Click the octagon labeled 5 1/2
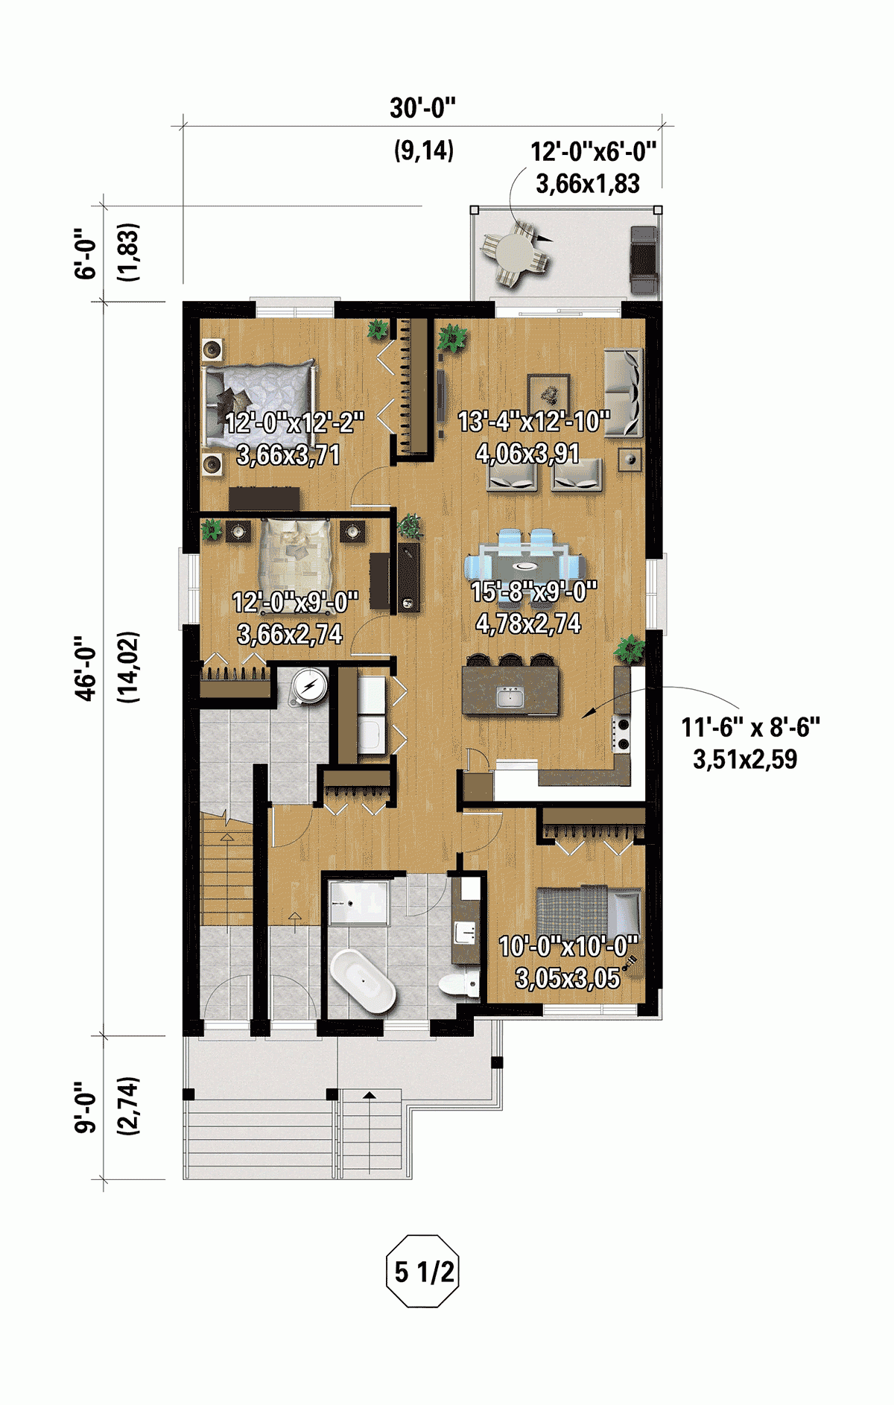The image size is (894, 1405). [x=423, y=1271]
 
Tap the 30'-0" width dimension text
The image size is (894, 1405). [x=422, y=109]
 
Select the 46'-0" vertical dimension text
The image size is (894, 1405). [x=87, y=667]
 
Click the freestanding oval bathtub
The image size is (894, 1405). [x=363, y=981]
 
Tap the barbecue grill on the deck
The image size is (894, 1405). [x=644, y=260]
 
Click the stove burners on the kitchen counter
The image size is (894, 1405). [x=622, y=732]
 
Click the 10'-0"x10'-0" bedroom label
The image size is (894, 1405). [x=568, y=947]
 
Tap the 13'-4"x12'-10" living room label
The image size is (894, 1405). [x=533, y=422]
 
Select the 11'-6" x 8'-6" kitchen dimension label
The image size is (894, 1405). [x=750, y=727]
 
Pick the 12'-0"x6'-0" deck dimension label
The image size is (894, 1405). [x=593, y=152]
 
